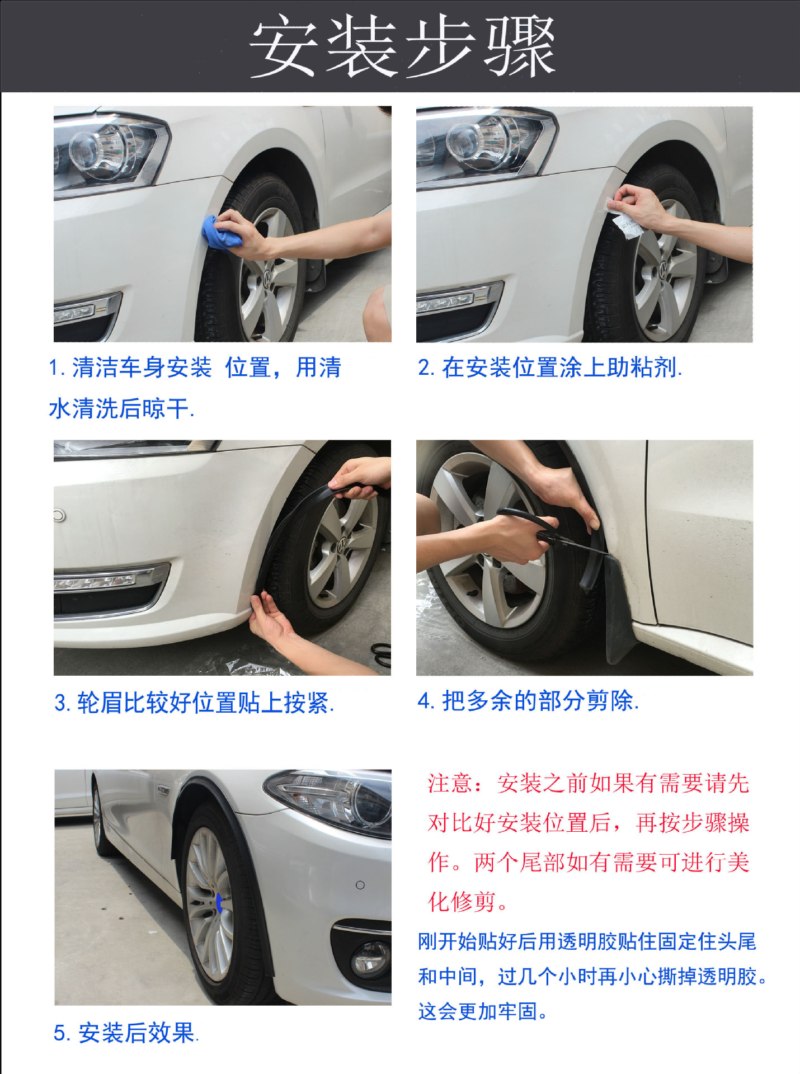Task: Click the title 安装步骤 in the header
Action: coord(402,46)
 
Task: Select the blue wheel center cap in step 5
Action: coord(219,902)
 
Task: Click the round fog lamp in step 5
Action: coord(370,958)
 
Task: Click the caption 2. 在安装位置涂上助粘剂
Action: coord(549,368)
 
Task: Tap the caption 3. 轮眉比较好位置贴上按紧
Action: coord(194,703)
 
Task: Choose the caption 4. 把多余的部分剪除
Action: coord(528,701)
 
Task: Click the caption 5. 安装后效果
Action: coord(126,1033)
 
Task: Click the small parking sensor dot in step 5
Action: coord(360,885)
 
